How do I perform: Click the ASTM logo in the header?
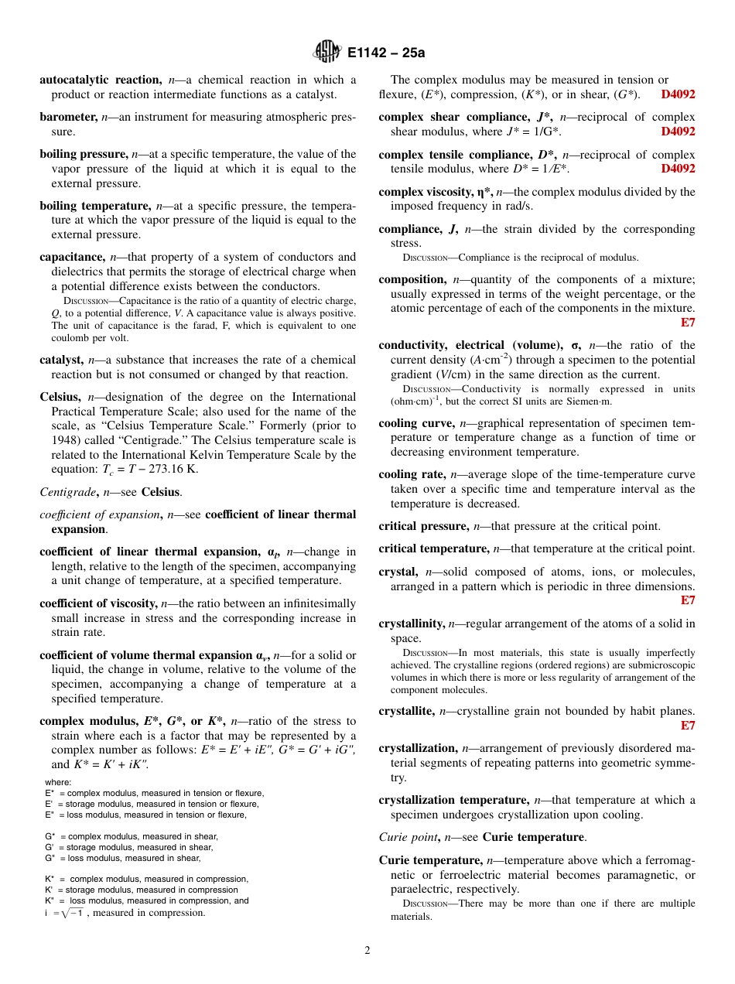326,53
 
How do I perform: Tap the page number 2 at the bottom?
367,951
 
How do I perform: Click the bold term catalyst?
60,360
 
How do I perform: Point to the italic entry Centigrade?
67,492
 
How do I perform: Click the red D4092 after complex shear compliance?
678,132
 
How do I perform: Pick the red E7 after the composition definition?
687,323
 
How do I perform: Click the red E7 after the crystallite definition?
687,726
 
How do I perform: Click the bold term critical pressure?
423,526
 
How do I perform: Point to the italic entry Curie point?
408,837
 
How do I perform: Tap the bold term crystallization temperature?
453,800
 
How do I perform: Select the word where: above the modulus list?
58,782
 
